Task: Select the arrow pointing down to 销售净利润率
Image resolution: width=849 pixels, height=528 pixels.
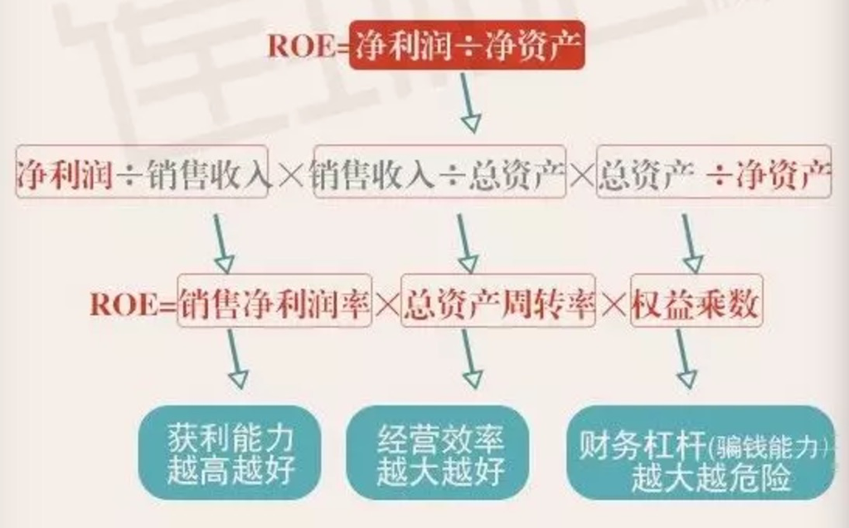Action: tap(221, 245)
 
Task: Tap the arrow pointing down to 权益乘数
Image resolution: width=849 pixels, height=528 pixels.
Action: tap(690, 245)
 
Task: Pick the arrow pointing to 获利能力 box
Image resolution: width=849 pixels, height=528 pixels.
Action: tap(235, 357)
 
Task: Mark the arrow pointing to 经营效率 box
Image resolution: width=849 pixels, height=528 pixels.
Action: tap(469, 357)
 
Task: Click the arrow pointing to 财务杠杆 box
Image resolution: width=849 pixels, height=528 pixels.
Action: tap(685, 357)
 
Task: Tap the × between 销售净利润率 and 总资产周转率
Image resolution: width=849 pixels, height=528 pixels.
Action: tap(387, 306)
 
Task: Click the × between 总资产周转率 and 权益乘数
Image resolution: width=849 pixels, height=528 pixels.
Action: tap(613, 306)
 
